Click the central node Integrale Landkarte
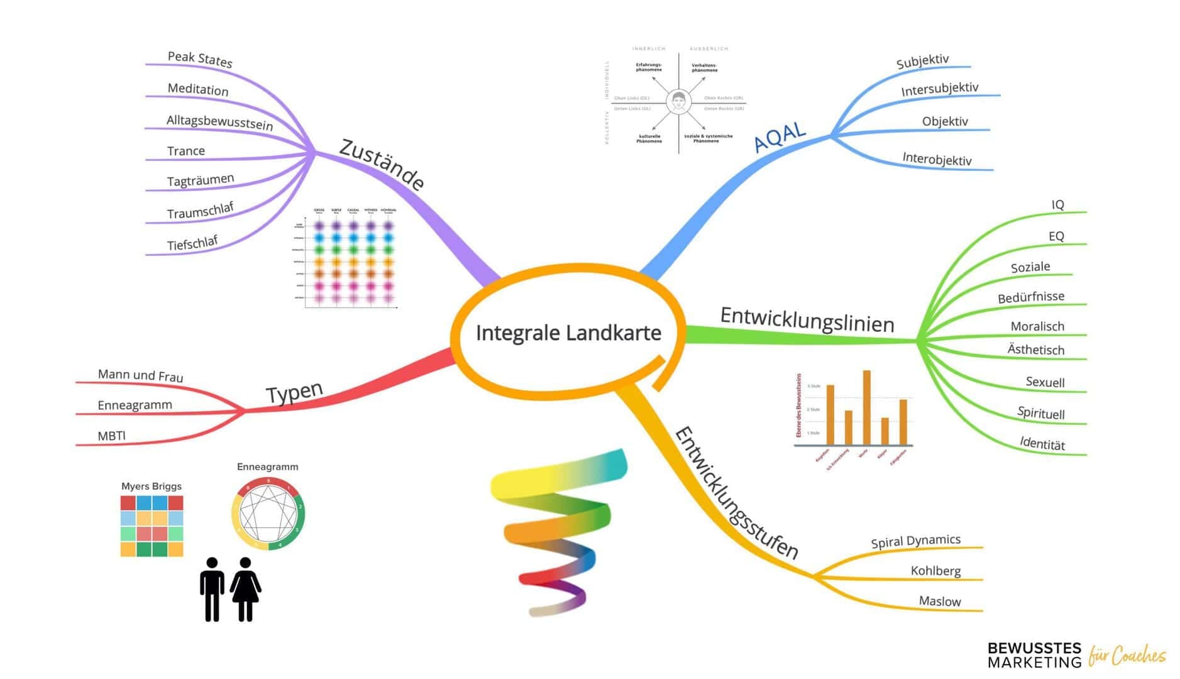[x=568, y=333]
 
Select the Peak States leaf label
[x=200, y=59]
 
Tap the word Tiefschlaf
[x=192, y=243]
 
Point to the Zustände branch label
[x=382, y=164]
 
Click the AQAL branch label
[x=779, y=136]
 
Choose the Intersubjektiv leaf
[x=939, y=89]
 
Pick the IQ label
[x=1057, y=205]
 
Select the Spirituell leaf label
[x=1040, y=413]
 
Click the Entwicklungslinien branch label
[x=807, y=319]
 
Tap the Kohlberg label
[x=935, y=571]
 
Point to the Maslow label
[x=940, y=601]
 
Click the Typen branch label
[x=294, y=393]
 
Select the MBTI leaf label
[x=112, y=436]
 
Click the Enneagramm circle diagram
[x=268, y=514]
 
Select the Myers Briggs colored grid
[x=152, y=526]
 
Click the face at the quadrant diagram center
[x=678, y=101]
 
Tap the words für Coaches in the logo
[x=1127, y=656]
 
